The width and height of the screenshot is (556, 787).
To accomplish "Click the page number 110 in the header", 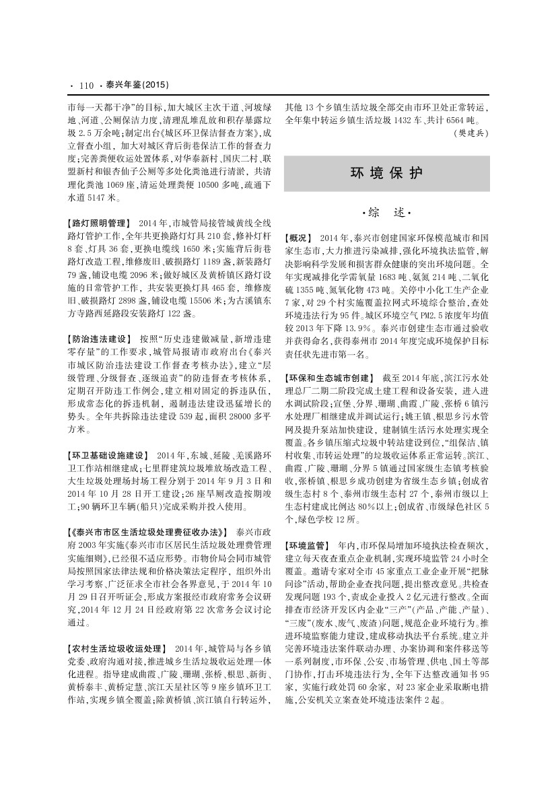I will [85, 85].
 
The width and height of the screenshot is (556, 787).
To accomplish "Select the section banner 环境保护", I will [386, 173].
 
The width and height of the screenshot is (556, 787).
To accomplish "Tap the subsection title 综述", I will [386, 213].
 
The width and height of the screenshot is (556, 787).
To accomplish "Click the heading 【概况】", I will [299, 238].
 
